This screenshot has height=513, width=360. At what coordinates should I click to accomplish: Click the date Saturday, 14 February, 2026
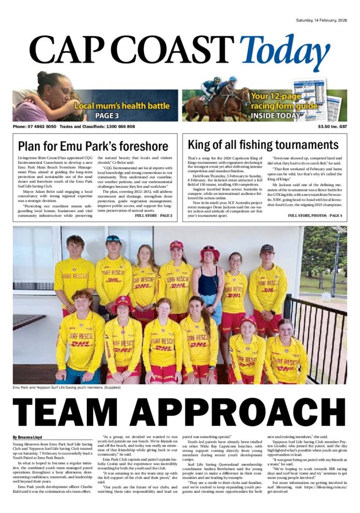tap(321, 21)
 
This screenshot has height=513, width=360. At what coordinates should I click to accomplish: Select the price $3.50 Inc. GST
tap(333, 127)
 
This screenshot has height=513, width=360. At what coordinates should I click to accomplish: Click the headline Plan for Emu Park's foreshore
tap(93, 146)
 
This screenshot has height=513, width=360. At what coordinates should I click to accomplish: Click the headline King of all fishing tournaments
tap(263, 145)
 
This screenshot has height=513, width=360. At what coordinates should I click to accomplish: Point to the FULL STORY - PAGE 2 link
tap(153, 215)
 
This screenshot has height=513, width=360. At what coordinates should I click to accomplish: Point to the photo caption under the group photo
tap(64, 388)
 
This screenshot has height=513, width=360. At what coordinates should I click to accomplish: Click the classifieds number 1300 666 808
tap(115, 127)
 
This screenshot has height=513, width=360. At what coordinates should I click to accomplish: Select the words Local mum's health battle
tap(122, 106)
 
